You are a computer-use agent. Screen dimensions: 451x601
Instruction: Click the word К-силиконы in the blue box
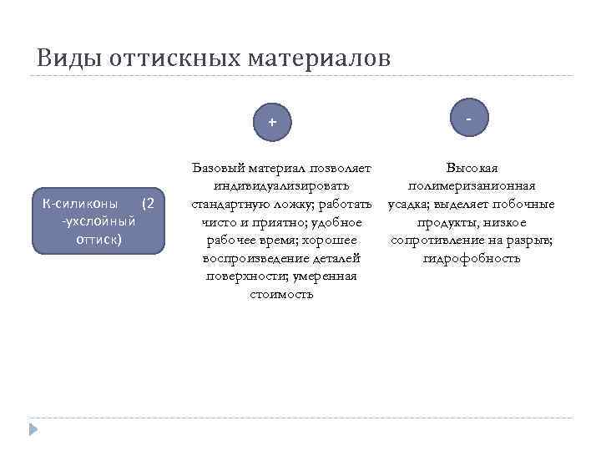tap(81, 204)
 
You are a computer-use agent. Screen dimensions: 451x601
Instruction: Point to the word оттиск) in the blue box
tap(98, 239)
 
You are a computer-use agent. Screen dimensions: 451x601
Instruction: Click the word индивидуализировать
tap(281, 185)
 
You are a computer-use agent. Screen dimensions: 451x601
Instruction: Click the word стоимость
tap(281, 294)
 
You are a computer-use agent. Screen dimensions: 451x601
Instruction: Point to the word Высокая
tap(472, 167)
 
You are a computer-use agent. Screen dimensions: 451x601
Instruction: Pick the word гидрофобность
tap(472, 258)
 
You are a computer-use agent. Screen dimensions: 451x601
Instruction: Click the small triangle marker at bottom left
tap(33, 430)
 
